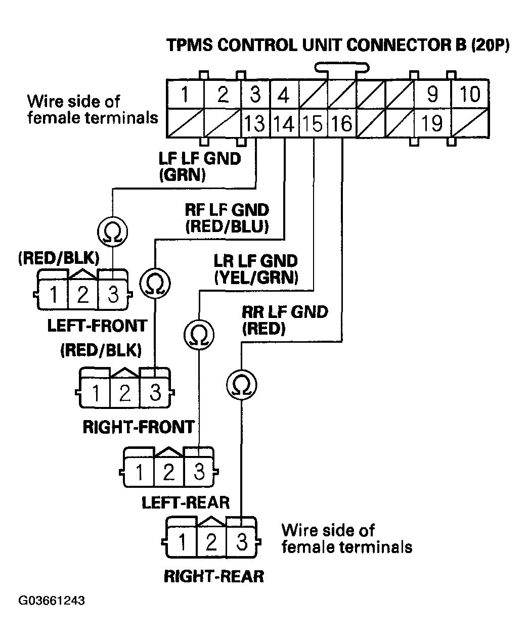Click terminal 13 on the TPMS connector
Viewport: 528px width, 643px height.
pyautogui.click(x=256, y=123)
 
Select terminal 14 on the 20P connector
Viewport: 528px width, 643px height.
pyautogui.click(x=285, y=123)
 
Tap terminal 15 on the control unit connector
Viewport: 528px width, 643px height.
pyautogui.click(x=314, y=123)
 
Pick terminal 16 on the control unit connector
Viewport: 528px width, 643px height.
pyautogui.click(x=342, y=123)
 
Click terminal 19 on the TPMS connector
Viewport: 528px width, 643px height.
pyautogui.click(x=431, y=123)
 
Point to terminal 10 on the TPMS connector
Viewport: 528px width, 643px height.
pyautogui.click(x=469, y=95)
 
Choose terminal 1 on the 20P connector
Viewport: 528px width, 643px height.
pyautogui.click(x=186, y=95)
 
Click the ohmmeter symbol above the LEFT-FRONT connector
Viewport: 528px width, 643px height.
pyautogui.click(x=112, y=233)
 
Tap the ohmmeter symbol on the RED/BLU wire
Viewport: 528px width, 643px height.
pyautogui.click(x=155, y=284)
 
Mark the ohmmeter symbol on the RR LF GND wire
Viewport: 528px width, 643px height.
pyautogui.click(x=241, y=385)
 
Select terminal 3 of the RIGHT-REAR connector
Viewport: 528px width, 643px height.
pyautogui.click(x=242, y=542)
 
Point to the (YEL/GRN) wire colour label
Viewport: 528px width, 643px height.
pyautogui.click(x=256, y=278)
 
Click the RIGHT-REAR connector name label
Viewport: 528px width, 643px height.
pyautogui.click(x=214, y=576)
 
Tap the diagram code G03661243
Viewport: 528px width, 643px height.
pyautogui.click(x=52, y=601)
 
